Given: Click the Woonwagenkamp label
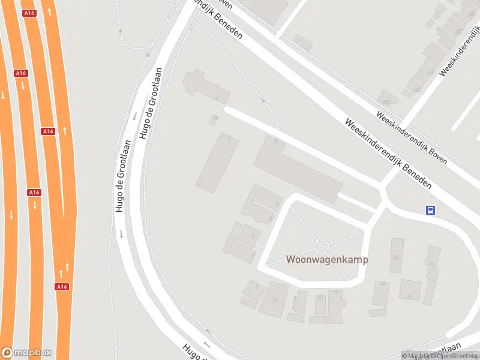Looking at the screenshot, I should click(327, 260).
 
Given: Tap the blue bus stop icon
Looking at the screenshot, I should click(430, 210).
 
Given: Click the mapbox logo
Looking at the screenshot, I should click(26, 353).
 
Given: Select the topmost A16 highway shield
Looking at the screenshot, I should click(28, 13).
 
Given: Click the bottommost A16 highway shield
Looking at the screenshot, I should click(62, 287).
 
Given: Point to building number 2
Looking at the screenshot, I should click(217, 162).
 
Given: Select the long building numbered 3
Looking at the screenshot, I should click(297, 169).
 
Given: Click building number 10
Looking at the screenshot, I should click(274, 298).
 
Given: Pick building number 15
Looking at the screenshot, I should click(410, 290).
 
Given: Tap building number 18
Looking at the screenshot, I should click(397, 256).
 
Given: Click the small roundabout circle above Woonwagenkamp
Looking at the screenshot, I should click(322, 245).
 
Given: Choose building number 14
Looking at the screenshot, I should click(381, 293).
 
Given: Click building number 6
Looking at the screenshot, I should click(248, 235).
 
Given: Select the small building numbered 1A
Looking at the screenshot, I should click(214, 120).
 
